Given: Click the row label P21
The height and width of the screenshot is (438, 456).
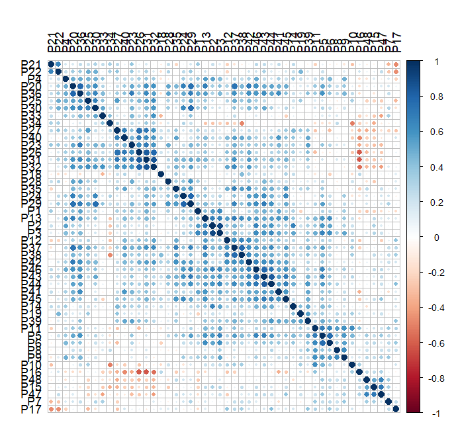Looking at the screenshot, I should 32,64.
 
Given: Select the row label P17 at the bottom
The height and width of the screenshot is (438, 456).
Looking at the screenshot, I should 32,409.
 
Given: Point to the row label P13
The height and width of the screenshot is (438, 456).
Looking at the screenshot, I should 32,218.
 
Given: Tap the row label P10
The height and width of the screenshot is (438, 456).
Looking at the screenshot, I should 32,365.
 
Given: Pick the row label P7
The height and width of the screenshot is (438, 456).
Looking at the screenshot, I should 36,402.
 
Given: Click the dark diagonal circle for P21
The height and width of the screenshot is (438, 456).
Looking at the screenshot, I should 51,64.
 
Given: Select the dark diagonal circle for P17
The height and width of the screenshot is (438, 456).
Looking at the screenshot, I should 396,409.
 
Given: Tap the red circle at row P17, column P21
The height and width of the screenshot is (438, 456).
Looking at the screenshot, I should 51,409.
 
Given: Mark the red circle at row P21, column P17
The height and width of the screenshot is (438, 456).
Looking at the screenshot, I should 396,64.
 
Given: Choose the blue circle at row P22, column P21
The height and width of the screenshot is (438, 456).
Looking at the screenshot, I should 51,71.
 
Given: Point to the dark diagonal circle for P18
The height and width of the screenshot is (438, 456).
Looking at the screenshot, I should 161,174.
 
